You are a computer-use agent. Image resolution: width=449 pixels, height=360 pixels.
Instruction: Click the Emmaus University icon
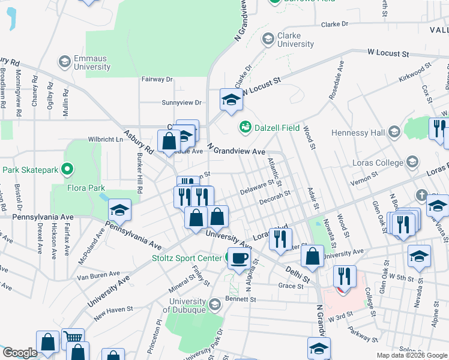[x=64, y=61]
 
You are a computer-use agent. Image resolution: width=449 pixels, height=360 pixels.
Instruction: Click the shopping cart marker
[x=73, y=337]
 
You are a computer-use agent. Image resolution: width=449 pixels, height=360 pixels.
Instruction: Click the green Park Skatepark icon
[x=67, y=170]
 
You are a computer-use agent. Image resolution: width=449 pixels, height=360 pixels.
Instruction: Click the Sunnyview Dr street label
[x=181, y=103]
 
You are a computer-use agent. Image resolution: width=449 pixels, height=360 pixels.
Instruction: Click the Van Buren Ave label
[x=98, y=277]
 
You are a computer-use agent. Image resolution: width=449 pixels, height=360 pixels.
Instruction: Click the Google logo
[x=19, y=353]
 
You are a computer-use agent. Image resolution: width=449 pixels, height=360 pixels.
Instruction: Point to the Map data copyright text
[x=411, y=355]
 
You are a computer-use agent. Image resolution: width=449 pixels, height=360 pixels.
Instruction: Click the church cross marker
[x=422, y=196]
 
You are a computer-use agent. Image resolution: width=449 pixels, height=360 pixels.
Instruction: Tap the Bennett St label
[x=241, y=299]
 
